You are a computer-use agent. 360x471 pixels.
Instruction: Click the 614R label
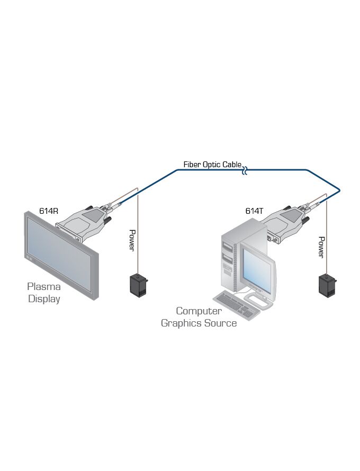[48, 211]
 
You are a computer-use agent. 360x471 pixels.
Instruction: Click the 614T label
[254, 211]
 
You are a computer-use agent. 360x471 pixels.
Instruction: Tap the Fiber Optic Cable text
[212, 165]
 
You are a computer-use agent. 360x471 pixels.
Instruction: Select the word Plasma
[44, 287]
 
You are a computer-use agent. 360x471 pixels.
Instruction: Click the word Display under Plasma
[44, 299]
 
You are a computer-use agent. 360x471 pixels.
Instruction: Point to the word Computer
[199, 311]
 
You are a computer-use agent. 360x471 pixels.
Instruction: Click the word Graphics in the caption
[183, 323]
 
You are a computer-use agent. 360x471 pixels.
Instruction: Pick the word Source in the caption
[221, 323]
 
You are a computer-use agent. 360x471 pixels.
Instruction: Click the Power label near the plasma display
[133, 240]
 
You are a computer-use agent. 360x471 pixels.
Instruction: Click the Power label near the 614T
[321, 247]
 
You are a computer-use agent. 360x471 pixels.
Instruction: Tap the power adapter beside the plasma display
[138, 284]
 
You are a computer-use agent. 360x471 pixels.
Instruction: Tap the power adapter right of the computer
[326, 284]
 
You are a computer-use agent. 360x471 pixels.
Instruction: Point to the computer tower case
[229, 259]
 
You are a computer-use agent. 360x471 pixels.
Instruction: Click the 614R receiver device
[90, 222]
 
